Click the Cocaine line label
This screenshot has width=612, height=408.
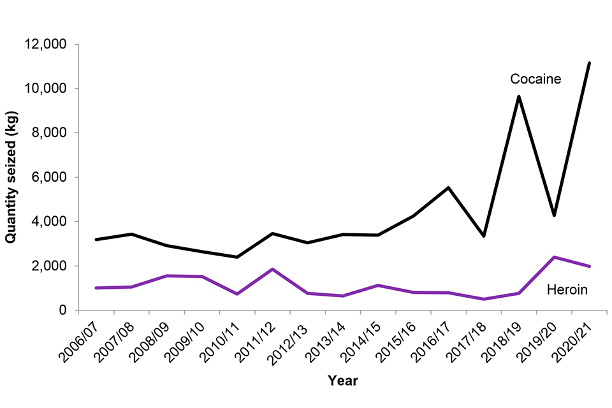(535, 79)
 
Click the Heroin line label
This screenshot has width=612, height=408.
(567, 290)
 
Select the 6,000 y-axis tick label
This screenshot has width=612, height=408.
(54, 177)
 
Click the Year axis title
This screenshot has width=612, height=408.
(342, 381)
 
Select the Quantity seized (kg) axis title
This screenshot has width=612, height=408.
(11, 177)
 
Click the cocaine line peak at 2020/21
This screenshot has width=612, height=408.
(589, 63)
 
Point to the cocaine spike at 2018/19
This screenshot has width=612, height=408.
(519, 96)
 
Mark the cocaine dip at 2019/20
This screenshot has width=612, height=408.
(554, 215)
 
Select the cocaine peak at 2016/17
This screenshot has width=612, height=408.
(449, 187)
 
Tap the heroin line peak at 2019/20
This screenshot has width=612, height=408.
(554, 257)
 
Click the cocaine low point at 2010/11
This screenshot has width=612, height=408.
(237, 257)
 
